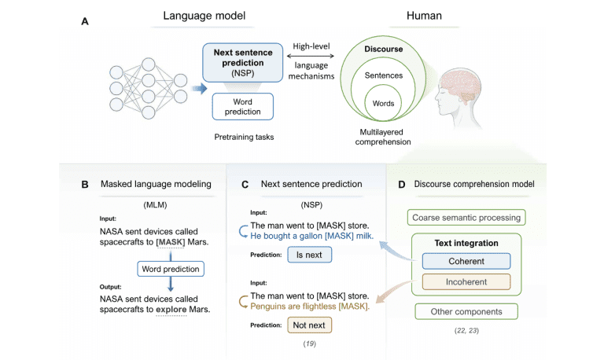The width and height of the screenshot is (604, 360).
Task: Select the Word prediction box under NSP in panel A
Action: click(242, 108)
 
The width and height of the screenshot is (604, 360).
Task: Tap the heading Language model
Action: click(204, 15)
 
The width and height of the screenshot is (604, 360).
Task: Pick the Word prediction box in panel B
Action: click(170, 268)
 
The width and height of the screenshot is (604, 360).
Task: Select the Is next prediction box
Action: click(309, 255)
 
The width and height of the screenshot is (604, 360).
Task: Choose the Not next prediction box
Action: click(309, 324)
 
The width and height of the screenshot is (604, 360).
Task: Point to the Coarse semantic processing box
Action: click(466, 217)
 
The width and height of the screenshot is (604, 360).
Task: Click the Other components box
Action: click(466, 311)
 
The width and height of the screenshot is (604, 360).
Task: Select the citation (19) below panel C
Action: click(309, 343)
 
